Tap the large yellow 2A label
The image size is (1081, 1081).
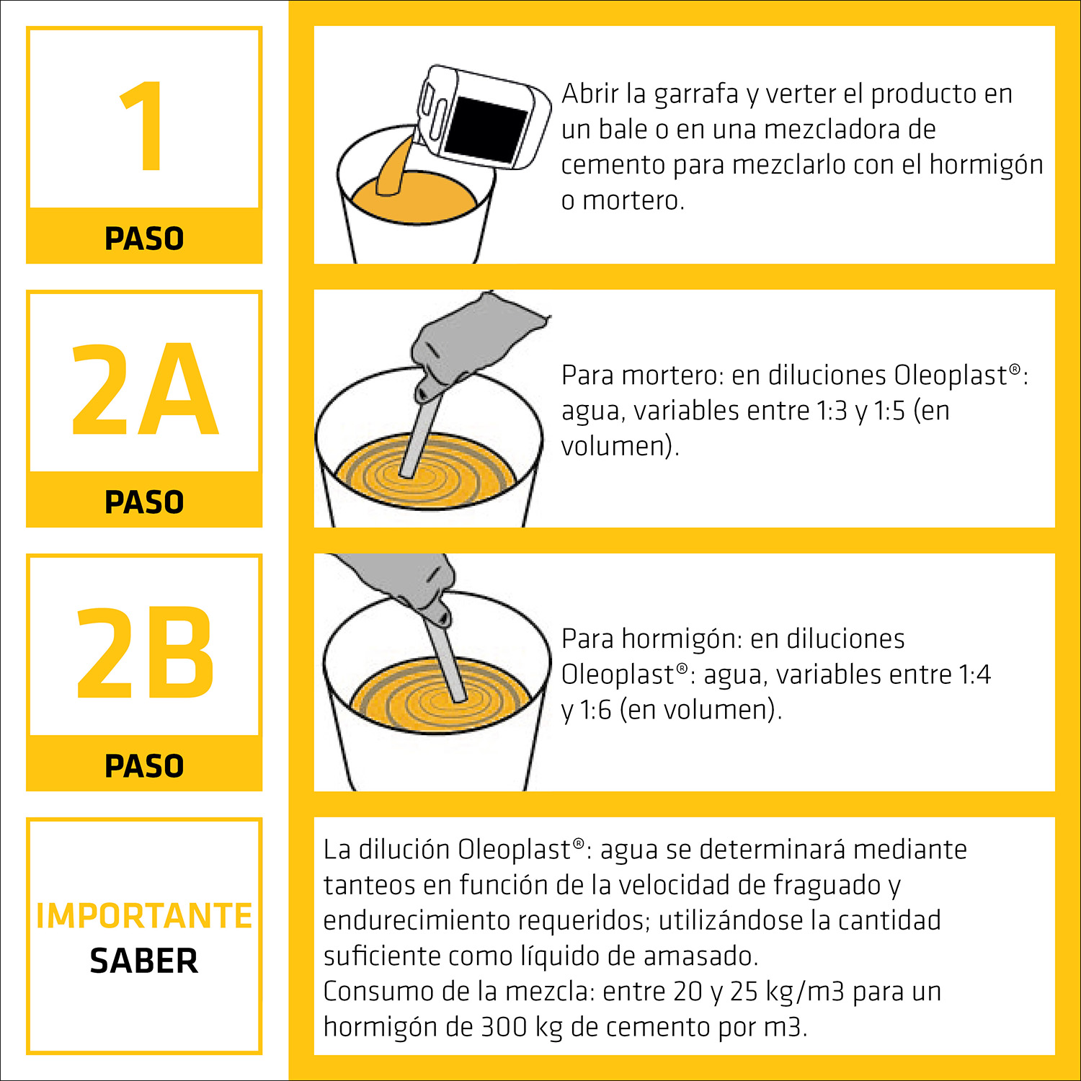145,389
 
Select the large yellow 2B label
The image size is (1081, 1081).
145,652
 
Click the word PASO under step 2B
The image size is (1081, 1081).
144,765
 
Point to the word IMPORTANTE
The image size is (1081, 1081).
144,915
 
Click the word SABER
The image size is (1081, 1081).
144,961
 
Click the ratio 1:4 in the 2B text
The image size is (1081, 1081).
974,675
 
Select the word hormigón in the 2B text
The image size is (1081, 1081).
681,640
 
